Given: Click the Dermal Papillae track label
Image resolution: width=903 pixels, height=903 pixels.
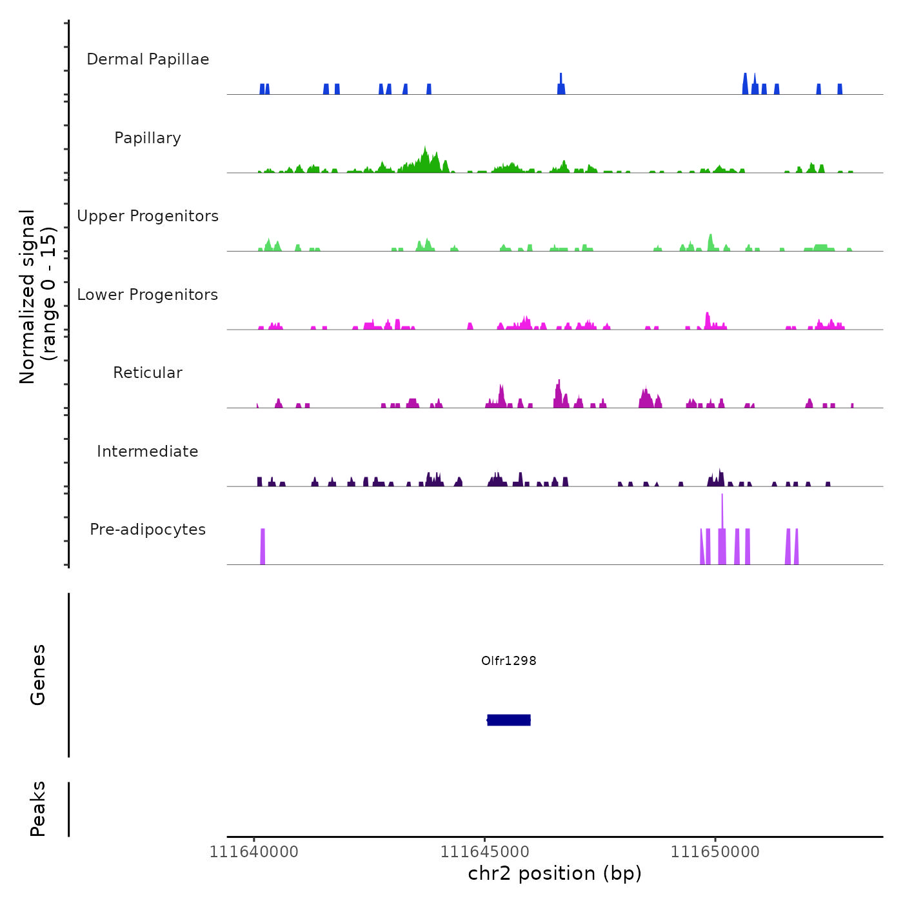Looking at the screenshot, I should tap(148, 59).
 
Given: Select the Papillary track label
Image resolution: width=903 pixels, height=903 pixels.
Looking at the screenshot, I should tap(148, 138).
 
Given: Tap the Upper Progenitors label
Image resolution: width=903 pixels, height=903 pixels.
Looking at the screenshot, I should tap(148, 216).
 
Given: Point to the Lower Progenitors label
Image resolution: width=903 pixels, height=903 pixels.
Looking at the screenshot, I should tap(148, 295).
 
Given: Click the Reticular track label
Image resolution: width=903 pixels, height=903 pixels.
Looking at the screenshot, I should tap(148, 373).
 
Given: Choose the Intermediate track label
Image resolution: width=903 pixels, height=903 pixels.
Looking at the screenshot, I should tap(148, 451).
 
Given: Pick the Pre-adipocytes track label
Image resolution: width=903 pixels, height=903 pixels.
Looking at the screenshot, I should tap(148, 530).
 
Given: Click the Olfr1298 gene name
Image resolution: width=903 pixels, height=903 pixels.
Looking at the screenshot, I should tap(509, 660).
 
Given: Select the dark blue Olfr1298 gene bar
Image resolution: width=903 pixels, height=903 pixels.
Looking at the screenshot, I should tap(509, 720).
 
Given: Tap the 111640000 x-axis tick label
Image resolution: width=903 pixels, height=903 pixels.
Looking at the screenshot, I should tap(254, 852).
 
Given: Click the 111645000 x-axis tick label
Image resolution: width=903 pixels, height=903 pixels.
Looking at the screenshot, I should tap(485, 852).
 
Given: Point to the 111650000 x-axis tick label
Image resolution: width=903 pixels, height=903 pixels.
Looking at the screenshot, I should tap(715, 852).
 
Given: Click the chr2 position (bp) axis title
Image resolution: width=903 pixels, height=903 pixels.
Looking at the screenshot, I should tap(555, 873).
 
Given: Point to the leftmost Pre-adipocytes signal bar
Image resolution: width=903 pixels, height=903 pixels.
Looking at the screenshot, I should tap(263, 547).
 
